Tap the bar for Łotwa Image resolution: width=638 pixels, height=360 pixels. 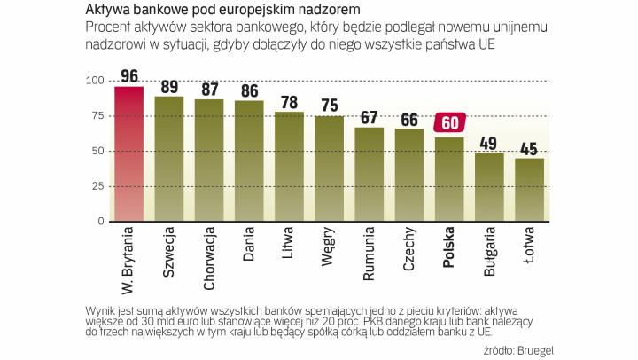529,186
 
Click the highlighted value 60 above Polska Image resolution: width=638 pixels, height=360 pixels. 449,124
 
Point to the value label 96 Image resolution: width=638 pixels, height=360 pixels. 129,75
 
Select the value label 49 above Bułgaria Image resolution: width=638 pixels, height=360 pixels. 489,142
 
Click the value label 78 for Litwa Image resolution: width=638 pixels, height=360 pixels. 289,102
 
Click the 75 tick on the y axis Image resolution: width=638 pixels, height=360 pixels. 98,116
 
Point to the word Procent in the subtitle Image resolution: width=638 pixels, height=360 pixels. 108,27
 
